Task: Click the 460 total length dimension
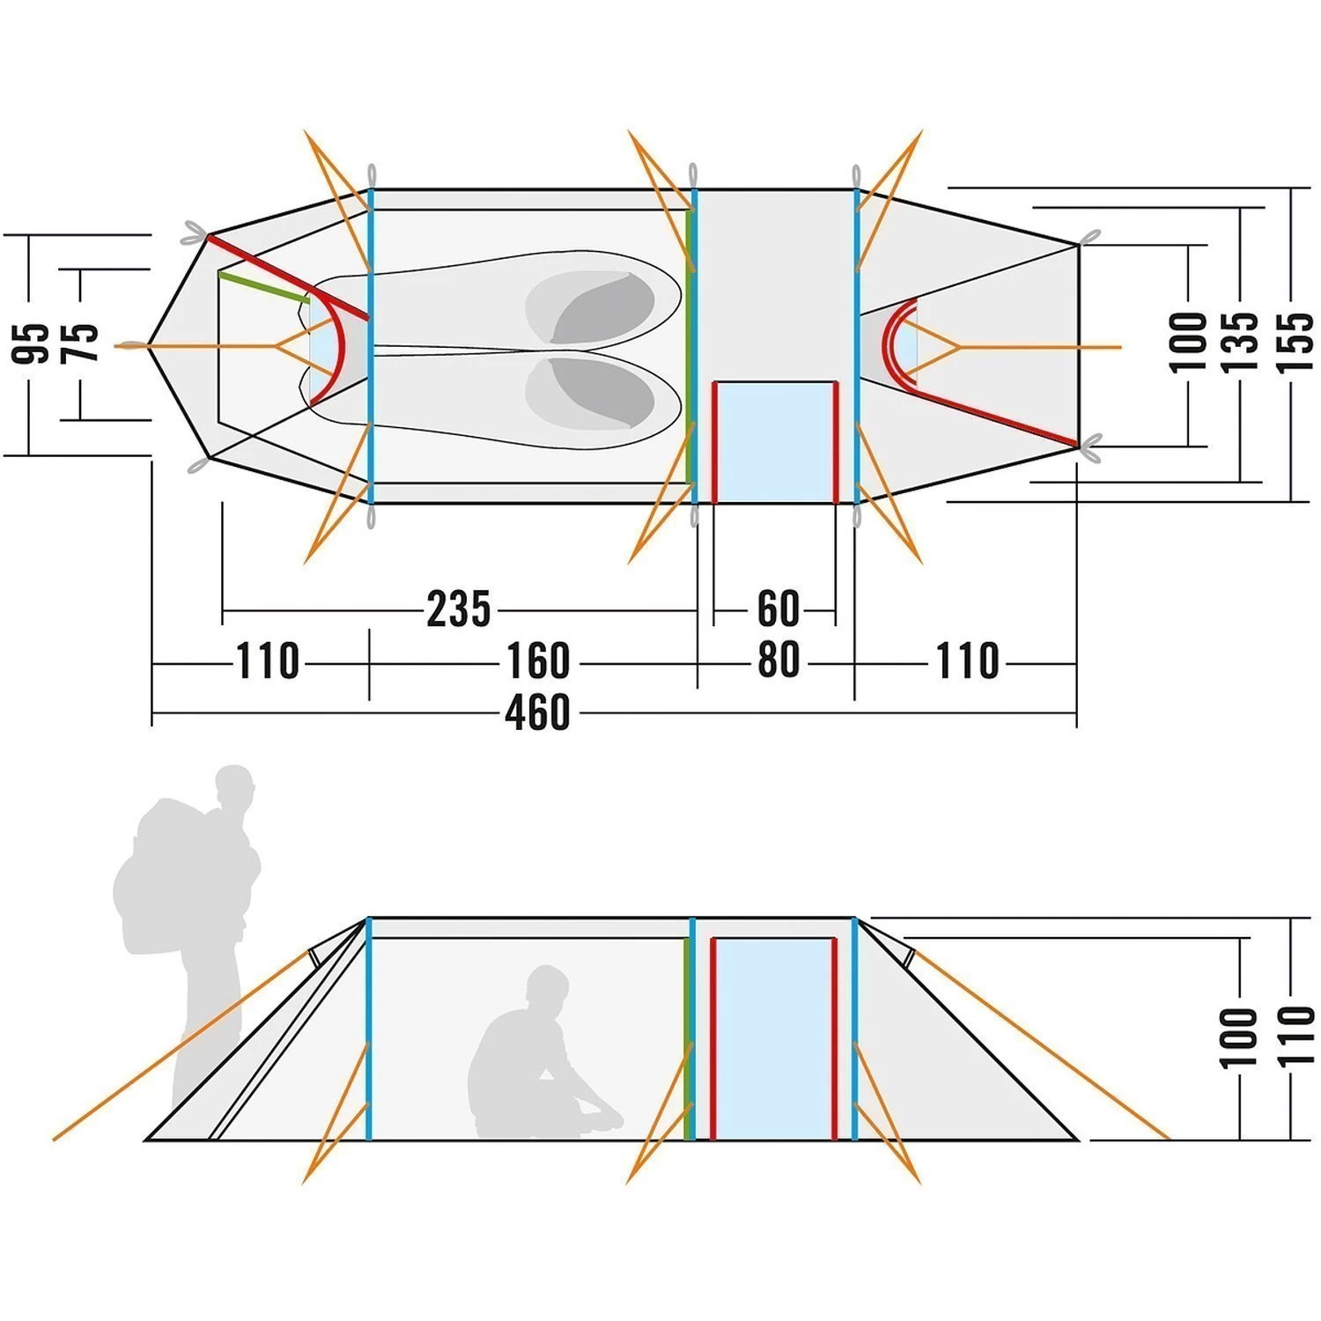pyautogui.click(x=537, y=712)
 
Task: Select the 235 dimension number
pyautogui.click(x=458, y=609)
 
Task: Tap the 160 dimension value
pyautogui.click(x=537, y=661)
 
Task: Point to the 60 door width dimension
pyautogui.click(x=778, y=609)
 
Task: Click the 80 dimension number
pyautogui.click(x=778, y=660)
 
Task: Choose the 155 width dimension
pyautogui.click(x=1294, y=342)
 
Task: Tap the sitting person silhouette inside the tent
pyautogui.click(x=537, y=1057)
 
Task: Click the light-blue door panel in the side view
pyautogui.click(x=773, y=1039)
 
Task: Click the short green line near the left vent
pyautogui.click(x=263, y=287)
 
